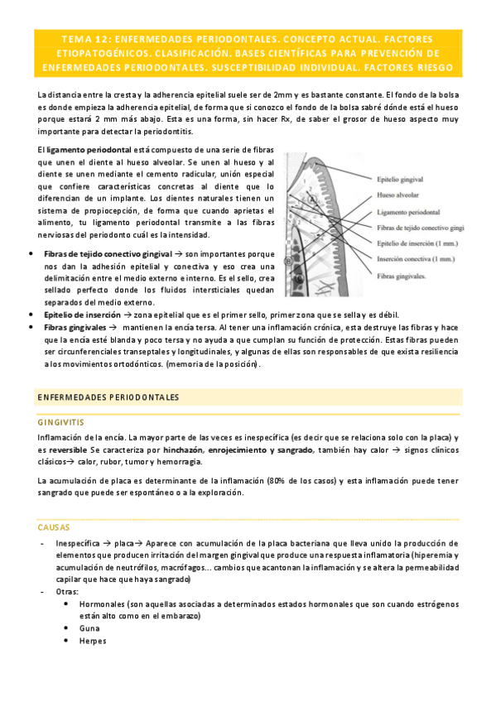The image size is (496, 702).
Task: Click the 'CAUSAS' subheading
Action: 54,526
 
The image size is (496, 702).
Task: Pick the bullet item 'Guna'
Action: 89,628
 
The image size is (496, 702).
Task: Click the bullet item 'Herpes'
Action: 93,641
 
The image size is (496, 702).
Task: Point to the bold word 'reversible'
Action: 69,450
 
